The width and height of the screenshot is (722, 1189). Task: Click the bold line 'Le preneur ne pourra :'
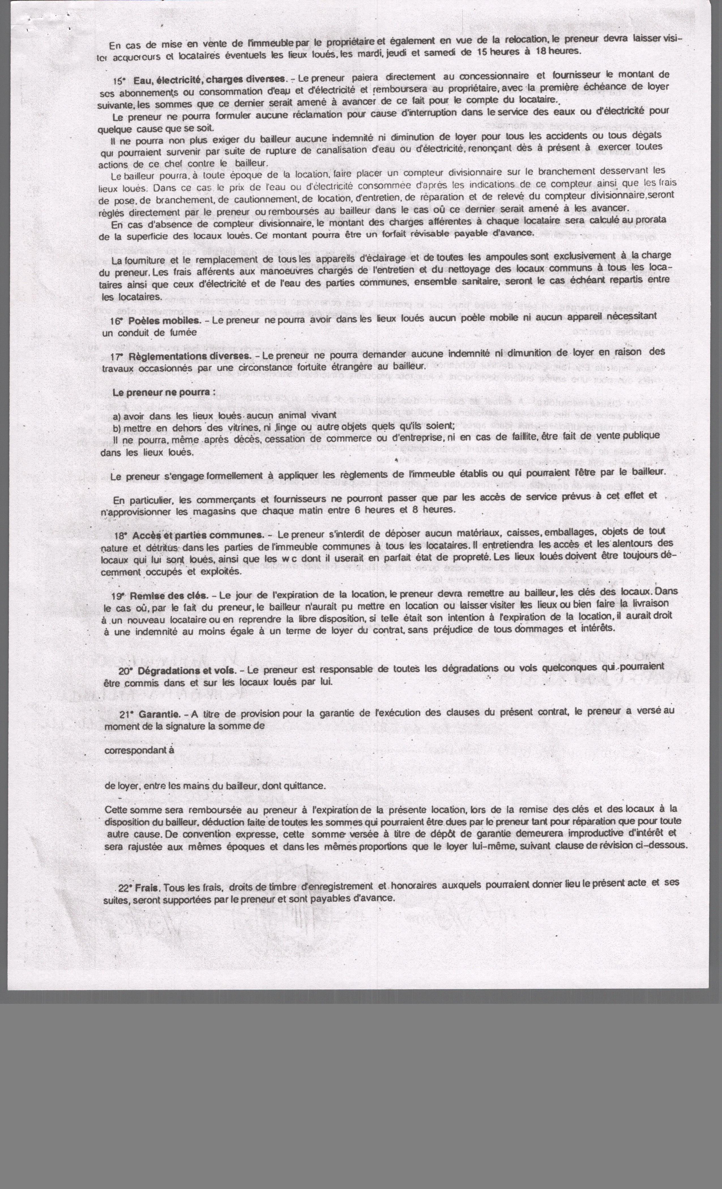click(x=164, y=392)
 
